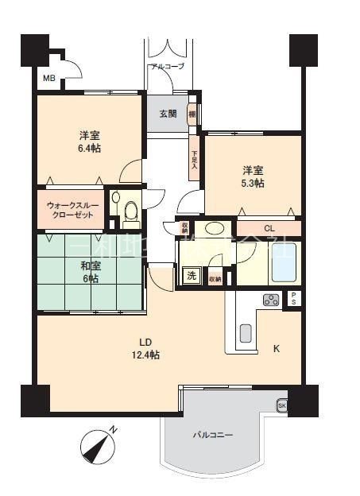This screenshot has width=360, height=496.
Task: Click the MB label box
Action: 49,79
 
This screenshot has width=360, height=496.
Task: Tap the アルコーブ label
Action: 167,66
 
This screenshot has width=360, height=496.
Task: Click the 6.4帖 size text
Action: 89,148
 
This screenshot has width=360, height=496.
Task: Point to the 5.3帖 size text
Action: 254,184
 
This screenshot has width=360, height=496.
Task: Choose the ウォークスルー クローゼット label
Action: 73,209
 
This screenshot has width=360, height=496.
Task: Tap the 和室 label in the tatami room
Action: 89,266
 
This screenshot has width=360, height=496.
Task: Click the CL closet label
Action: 269,229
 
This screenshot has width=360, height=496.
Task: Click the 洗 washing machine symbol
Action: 192,277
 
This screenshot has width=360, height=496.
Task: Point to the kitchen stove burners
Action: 271,300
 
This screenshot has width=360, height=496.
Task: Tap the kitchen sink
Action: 245,333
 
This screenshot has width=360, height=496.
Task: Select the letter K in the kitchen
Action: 277,349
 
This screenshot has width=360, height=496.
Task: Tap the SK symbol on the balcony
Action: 281,406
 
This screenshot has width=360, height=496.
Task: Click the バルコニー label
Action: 212,435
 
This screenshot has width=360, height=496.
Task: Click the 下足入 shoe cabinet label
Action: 194,155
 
